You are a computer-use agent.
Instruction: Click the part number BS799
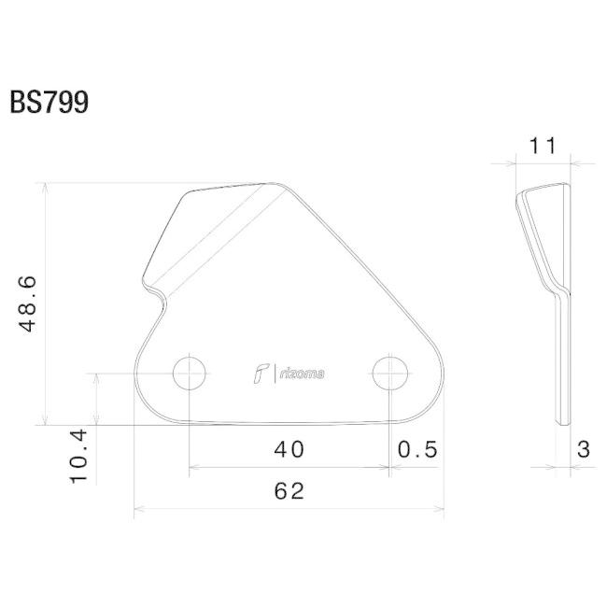click(x=49, y=102)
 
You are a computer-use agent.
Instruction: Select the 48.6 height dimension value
click(x=28, y=303)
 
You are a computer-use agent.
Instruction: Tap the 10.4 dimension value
click(x=79, y=457)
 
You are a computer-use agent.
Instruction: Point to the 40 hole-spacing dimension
click(x=289, y=449)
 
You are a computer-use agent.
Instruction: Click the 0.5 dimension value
click(x=417, y=449)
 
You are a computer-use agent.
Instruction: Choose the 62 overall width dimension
click(x=289, y=491)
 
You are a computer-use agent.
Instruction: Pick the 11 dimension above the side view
click(x=543, y=146)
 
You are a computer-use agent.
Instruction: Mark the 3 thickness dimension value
click(x=584, y=449)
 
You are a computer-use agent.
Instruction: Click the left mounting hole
click(x=189, y=374)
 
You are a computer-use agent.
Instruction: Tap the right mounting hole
click(x=389, y=374)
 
